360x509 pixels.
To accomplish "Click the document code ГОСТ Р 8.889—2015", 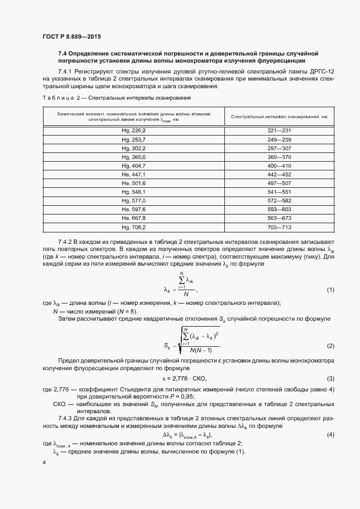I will (71, 36).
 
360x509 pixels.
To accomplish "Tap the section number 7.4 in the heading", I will (62, 54).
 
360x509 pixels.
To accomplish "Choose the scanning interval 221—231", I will (280, 131).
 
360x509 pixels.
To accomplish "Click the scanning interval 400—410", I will (280, 165).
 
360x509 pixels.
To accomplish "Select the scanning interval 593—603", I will (280, 210).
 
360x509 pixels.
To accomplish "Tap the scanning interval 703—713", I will (280, 227).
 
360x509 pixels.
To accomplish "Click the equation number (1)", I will (330, 290).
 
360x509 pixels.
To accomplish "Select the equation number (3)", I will (330, 378).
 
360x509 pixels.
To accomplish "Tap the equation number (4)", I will (330, 434).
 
